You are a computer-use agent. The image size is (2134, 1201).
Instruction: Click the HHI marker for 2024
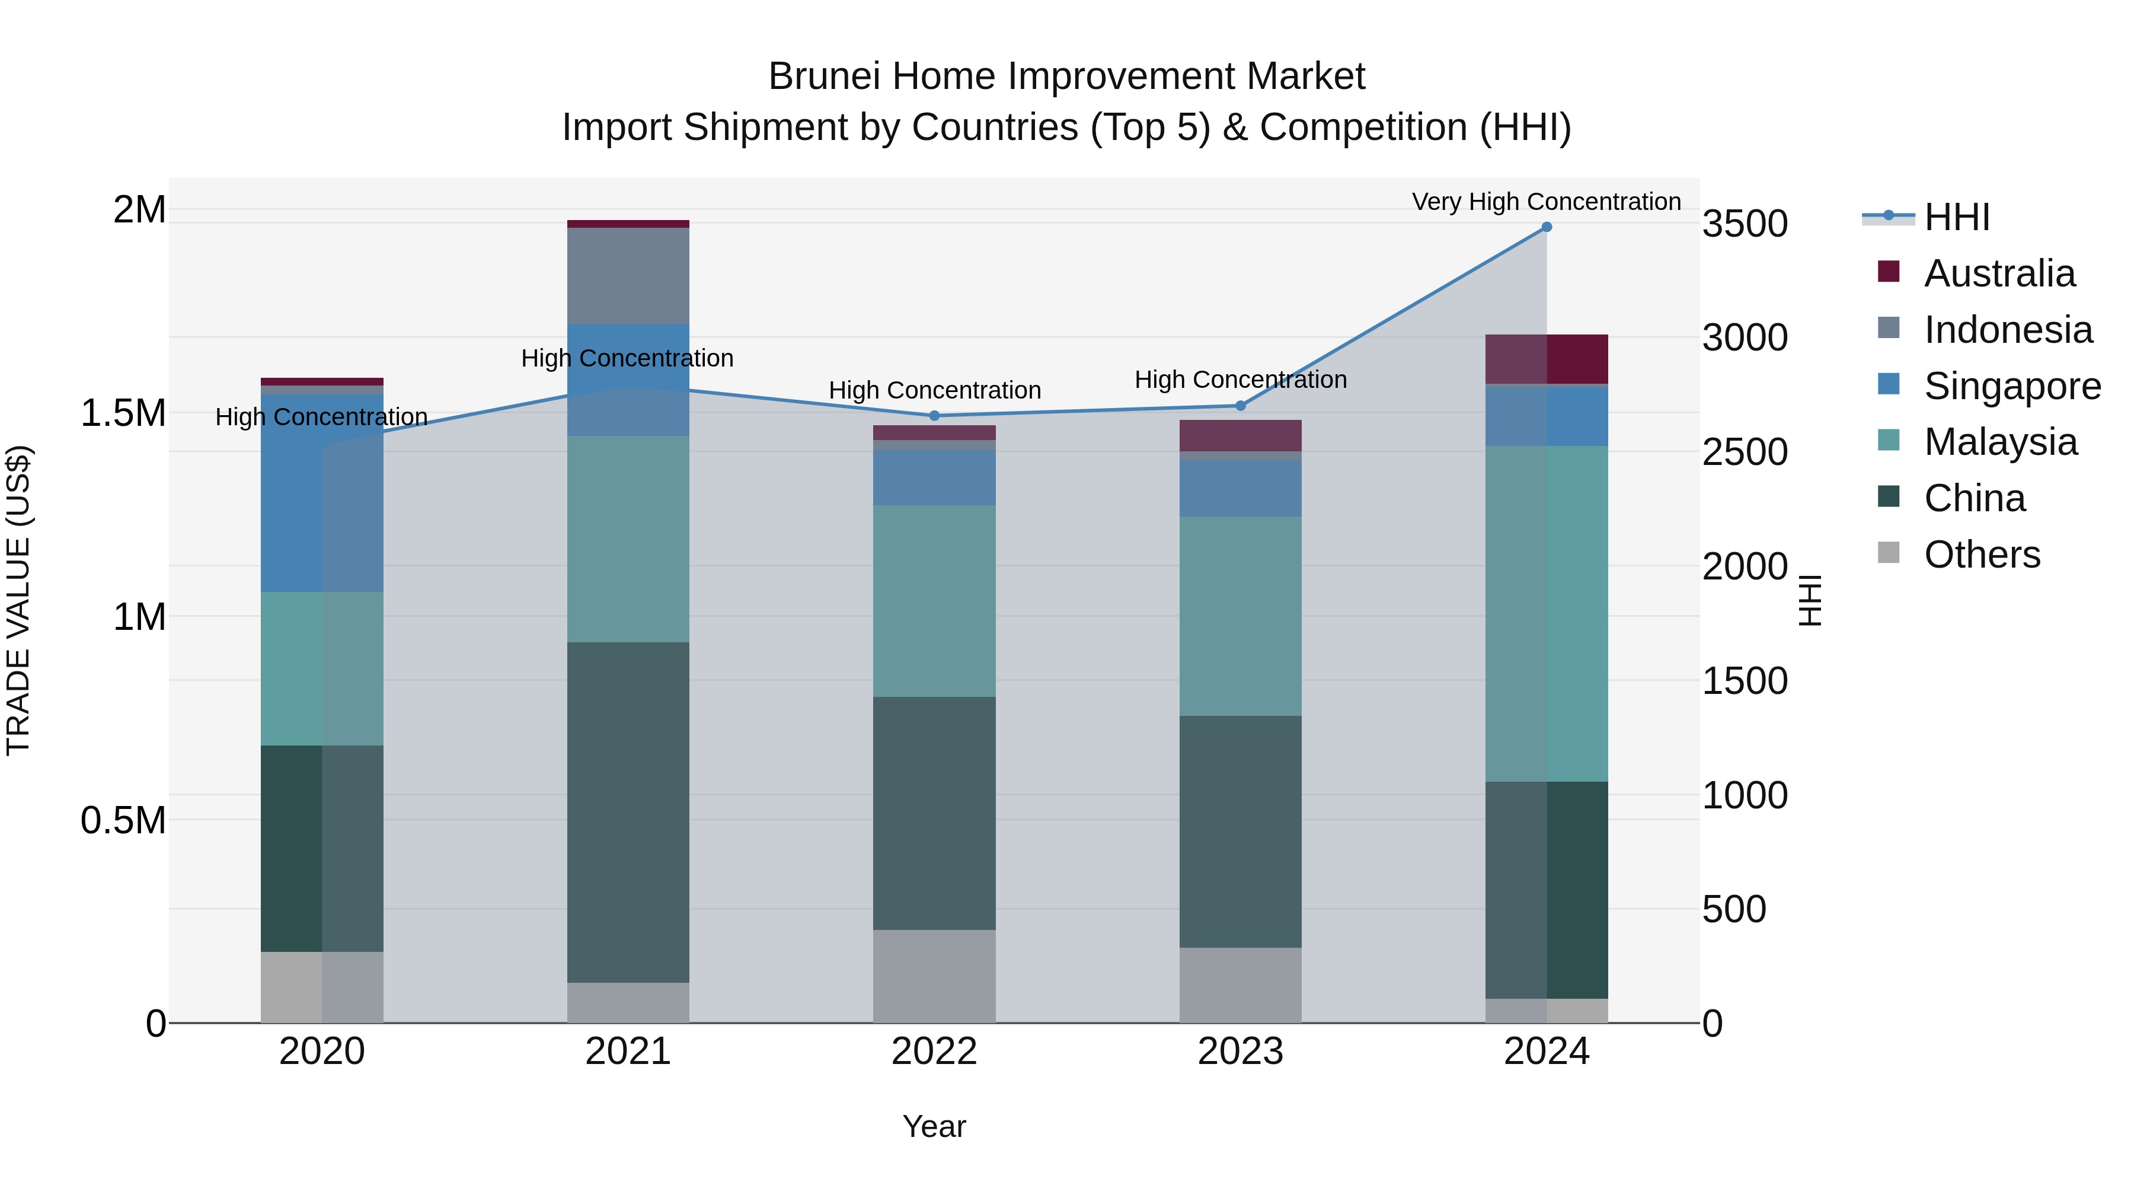click(x=1546, y=227)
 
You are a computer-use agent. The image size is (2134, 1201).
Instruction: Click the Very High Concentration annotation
click(x=1546, y=202)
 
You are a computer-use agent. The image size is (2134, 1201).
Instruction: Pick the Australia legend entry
click(x=1999, y=273)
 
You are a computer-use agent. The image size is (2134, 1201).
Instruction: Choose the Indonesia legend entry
click(x=2007, y=330)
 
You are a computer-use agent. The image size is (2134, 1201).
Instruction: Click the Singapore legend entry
click(x=2011, y=386)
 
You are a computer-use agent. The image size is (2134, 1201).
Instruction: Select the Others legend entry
click(x=1982, y=555)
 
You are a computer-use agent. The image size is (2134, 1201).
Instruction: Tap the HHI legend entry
click(x=1956, y=217)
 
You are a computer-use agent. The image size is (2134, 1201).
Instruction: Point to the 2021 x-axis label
click(x=628, y=1052)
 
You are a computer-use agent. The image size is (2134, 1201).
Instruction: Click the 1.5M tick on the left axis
click(x=123, y=413)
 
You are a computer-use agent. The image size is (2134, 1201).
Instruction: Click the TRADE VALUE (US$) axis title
click(x=18, y=600)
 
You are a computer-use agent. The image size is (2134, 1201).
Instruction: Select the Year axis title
click(x=934, y=1126)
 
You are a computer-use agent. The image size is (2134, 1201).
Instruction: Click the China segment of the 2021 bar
click(x=628, y=813)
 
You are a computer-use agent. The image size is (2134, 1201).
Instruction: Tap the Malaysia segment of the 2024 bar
click(x=1546, y=613)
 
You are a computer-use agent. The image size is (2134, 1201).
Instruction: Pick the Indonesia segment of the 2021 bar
click(x=628, y=275)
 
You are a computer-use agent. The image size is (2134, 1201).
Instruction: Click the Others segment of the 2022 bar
click(x=934, y=976)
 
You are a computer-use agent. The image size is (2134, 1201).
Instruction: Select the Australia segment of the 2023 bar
click(x=1240, y=435)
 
